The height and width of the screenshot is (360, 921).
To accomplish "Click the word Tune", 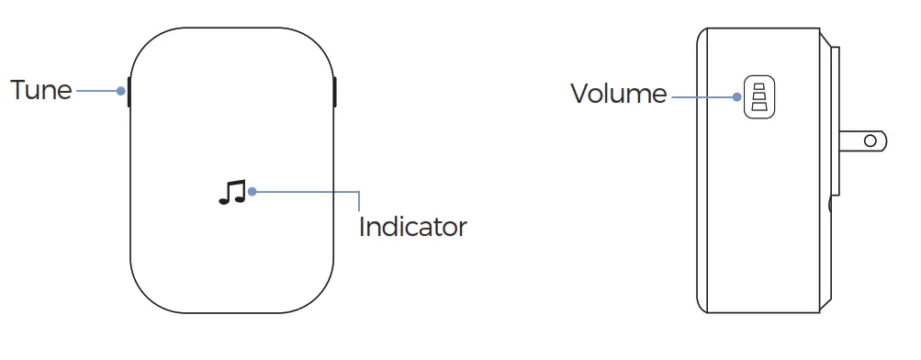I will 40,90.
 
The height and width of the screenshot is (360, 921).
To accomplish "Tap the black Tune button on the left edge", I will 129,91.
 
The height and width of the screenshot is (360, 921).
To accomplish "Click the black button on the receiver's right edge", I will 335,91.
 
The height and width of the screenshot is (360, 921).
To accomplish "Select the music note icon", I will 231,192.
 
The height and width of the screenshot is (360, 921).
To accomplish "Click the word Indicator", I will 412,227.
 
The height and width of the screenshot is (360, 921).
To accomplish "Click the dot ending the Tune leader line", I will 121,91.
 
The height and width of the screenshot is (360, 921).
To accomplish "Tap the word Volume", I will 618,93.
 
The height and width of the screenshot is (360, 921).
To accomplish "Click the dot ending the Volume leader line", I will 736,95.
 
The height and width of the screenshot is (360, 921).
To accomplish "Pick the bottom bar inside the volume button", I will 758,106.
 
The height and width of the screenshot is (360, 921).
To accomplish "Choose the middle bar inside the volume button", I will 758,95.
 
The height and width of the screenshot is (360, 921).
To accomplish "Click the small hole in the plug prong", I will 870,142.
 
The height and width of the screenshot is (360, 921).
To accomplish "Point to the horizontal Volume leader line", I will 702,95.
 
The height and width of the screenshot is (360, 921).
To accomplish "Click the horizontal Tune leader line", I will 96,91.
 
